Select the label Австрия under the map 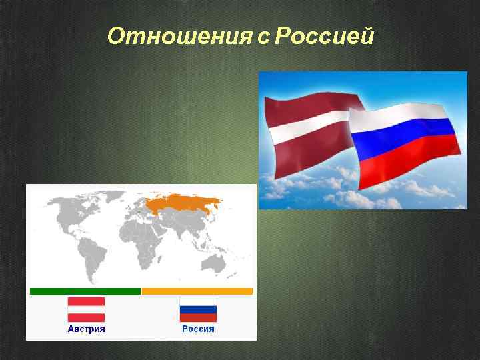click(86, 329)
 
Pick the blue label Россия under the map click(198, 329)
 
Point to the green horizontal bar click(85, 291)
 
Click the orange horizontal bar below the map click(197, 291)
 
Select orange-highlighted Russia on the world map click(183, 203)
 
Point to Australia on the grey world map click(217, 262)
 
